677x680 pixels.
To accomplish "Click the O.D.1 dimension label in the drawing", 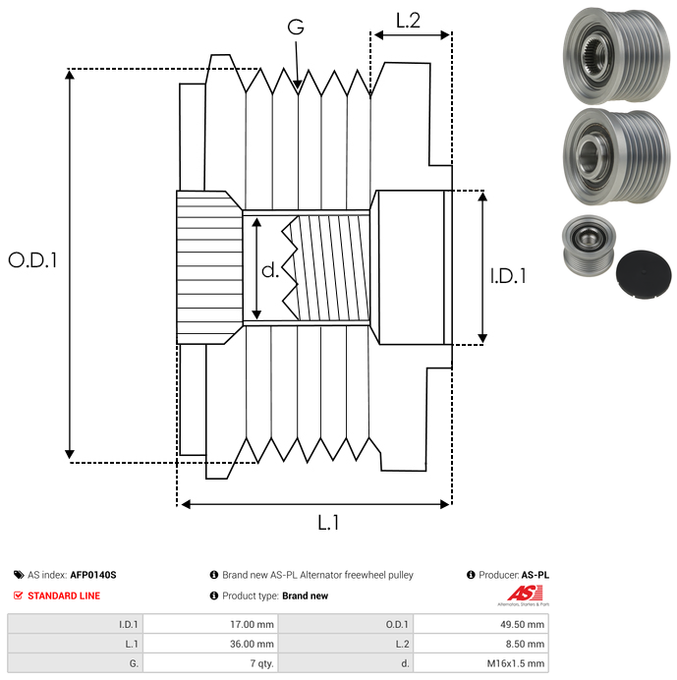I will [33, 260].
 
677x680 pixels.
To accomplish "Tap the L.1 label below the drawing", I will [328, 523].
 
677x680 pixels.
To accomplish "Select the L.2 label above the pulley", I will [408, 20].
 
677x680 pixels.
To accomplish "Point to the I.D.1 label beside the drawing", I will [508, 277].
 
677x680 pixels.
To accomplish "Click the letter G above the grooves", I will [295, 28].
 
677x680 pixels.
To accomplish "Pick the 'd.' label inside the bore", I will [270, 271].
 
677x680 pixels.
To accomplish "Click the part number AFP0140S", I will [93, 575].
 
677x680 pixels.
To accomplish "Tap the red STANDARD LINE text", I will [63, 595].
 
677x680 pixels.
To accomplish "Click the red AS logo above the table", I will [520, 594].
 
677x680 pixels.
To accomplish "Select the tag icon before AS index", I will [19, 575].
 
